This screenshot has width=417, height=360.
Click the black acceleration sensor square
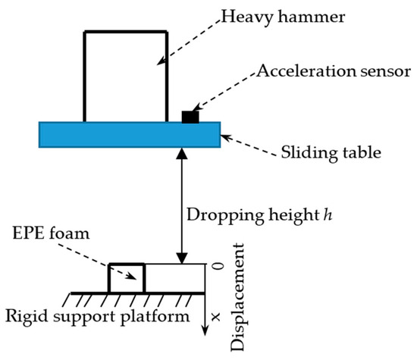coord(190,116)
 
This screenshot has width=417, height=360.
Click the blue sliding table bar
coord(129,134)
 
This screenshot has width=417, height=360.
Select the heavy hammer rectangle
coord(125,76)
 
